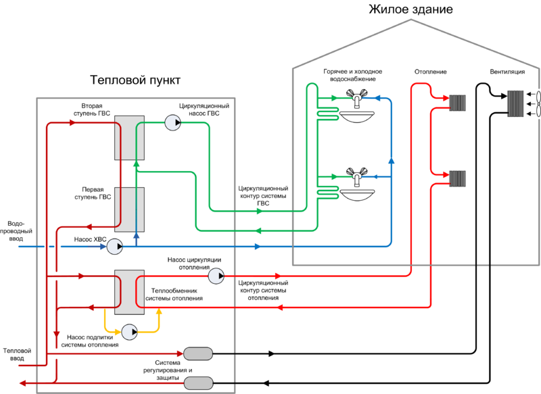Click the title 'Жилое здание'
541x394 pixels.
tap(410, 10)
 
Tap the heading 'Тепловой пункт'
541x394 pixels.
tap(135, 80)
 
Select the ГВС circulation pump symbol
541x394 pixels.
tap(172, 122)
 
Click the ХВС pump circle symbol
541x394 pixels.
tap(114, 247)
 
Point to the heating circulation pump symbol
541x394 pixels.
tap(216, 275)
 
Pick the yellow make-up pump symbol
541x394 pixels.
tap(128, 330)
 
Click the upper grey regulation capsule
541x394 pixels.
tap(198, 353)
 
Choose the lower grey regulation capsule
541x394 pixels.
tap(198, 383)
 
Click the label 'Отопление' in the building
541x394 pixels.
tap(430, 72)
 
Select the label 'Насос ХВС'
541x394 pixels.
tap(88, 239)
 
